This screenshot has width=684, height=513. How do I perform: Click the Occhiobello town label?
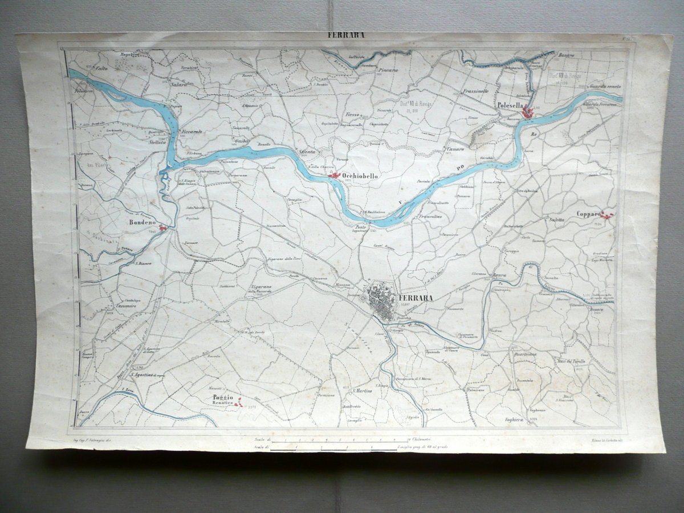pos(360,177)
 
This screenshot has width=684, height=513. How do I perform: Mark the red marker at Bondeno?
pos(163,228)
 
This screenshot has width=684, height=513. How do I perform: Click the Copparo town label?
pos(588,214)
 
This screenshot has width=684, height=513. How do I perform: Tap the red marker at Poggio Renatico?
pos(239,403)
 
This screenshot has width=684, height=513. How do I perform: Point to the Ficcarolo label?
pos(193,132)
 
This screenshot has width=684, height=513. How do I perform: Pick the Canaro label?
pos(455,149)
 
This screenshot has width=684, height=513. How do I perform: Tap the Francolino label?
pos(430,217)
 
